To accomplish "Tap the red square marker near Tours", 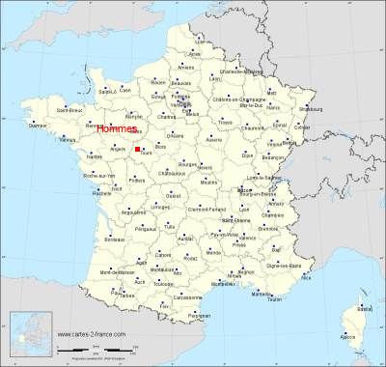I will point(139,149).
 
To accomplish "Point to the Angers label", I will point(120,149).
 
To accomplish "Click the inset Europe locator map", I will point(29,339).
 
